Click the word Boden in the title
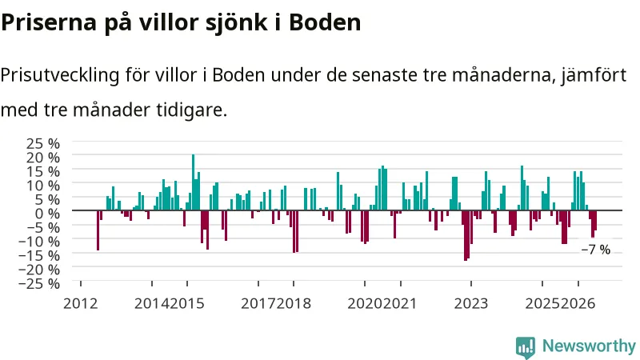325,22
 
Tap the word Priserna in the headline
49,22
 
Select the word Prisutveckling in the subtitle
59,75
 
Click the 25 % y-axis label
43,143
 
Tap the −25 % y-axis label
39,283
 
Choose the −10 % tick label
39,242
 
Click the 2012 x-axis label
81,304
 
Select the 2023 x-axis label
471,304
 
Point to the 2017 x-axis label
258,304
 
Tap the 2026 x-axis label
578,304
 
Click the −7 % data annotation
595,250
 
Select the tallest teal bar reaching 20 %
193,182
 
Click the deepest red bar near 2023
466,235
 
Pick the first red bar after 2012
98,230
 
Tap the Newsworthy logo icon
526,347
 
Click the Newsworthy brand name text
589,346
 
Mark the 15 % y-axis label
43,171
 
